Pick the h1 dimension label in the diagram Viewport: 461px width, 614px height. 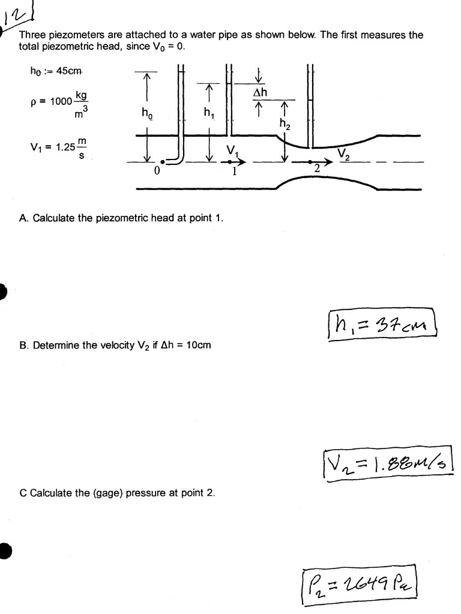click(208, 112)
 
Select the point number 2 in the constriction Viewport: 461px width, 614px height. click(318, 170)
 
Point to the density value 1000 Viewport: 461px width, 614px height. click(61, 101)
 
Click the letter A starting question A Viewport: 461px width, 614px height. click(23, 218)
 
